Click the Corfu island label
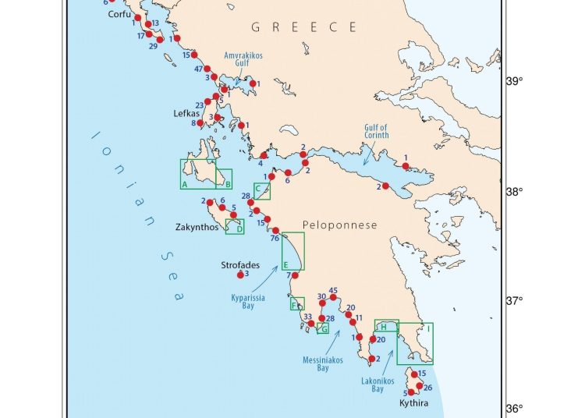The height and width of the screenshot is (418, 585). click(119, 14)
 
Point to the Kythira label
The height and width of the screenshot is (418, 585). click(413, 403)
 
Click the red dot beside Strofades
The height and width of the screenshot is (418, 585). click(240, 275)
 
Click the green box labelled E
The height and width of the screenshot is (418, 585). click(292, 251)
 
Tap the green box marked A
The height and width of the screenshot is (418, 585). click(197, 174)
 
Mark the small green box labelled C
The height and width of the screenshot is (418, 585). click(262, 191)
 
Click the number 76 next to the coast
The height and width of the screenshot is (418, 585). click(274, 239)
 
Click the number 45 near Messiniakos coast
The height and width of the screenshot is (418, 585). click(333, 290)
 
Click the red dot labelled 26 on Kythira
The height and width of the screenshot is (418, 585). click(419, 386)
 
